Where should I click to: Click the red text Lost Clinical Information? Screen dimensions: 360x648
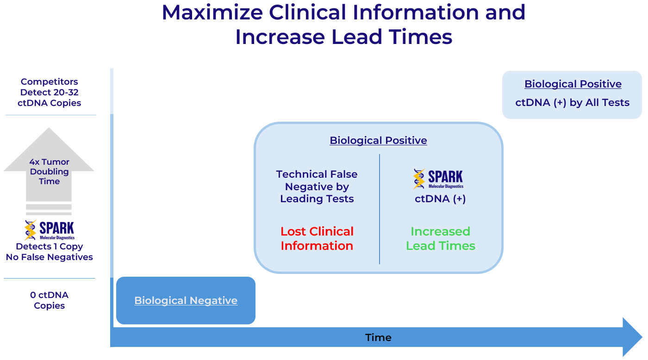pos(317,238)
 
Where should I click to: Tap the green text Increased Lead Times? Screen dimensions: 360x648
pos(441,238)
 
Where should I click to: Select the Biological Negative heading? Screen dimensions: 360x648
pos(186,300)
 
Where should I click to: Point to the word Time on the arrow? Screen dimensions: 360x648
pos(378,337)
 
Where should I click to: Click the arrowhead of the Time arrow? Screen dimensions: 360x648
pos(632,337)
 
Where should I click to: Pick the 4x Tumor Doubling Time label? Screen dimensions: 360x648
pos(49,171)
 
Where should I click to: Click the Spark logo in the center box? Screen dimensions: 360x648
pos(438,179)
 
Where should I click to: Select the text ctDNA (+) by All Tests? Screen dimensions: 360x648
pos(573,103)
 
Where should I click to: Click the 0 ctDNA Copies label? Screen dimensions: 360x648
pos(49,300)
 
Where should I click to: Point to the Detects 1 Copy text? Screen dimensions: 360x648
pos(50,247)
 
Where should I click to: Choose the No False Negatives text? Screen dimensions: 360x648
pos(50,257)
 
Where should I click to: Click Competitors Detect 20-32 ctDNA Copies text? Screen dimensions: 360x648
pos(50,93)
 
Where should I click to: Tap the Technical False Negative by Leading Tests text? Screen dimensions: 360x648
pos(317,186)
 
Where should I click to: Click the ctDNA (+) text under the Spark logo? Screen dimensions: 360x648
pos(440,199)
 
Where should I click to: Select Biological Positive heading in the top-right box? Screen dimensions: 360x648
pos(573,84)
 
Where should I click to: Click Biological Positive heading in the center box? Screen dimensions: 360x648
pos(378,140)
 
